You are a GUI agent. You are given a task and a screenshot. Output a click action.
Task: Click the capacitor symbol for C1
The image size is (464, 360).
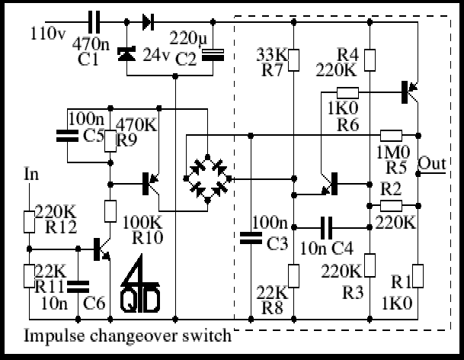point(94,22)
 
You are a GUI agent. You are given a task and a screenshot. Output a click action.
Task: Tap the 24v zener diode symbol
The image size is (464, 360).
point(126,53)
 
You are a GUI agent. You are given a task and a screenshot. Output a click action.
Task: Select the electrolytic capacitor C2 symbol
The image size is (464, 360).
point(213,55)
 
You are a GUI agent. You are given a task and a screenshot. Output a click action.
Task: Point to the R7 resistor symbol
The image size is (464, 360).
point(293,60)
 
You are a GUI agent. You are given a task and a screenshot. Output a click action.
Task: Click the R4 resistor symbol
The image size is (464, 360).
point(370,60)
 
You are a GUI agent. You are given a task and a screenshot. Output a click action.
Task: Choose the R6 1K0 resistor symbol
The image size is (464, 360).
point(347,93)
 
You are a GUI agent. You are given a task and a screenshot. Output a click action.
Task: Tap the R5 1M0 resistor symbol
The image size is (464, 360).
point(391,136)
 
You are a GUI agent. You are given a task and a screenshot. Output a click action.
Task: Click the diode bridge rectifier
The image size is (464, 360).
point(207,178)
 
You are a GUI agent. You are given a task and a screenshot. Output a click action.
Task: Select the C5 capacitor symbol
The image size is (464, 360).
point(68,136)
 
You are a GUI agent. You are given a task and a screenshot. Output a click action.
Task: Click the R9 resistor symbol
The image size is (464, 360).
point(110,141)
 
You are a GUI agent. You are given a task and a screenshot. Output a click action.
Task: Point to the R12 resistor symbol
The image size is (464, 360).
point(29,222)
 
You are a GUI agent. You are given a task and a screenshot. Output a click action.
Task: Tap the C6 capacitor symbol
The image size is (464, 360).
point(78,287)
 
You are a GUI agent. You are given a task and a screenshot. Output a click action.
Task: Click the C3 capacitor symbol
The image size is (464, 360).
point(251,238)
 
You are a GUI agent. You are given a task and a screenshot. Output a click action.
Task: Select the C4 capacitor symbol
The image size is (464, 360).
point(326,227)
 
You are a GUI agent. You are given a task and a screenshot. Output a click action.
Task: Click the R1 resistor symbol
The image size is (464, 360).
point(418,276)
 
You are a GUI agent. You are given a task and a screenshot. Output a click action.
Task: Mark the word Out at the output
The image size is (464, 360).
point(432,163)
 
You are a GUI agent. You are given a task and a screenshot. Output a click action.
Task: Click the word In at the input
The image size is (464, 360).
point(31,174)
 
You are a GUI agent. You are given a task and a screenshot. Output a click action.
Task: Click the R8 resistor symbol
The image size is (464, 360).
point(293,276)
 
